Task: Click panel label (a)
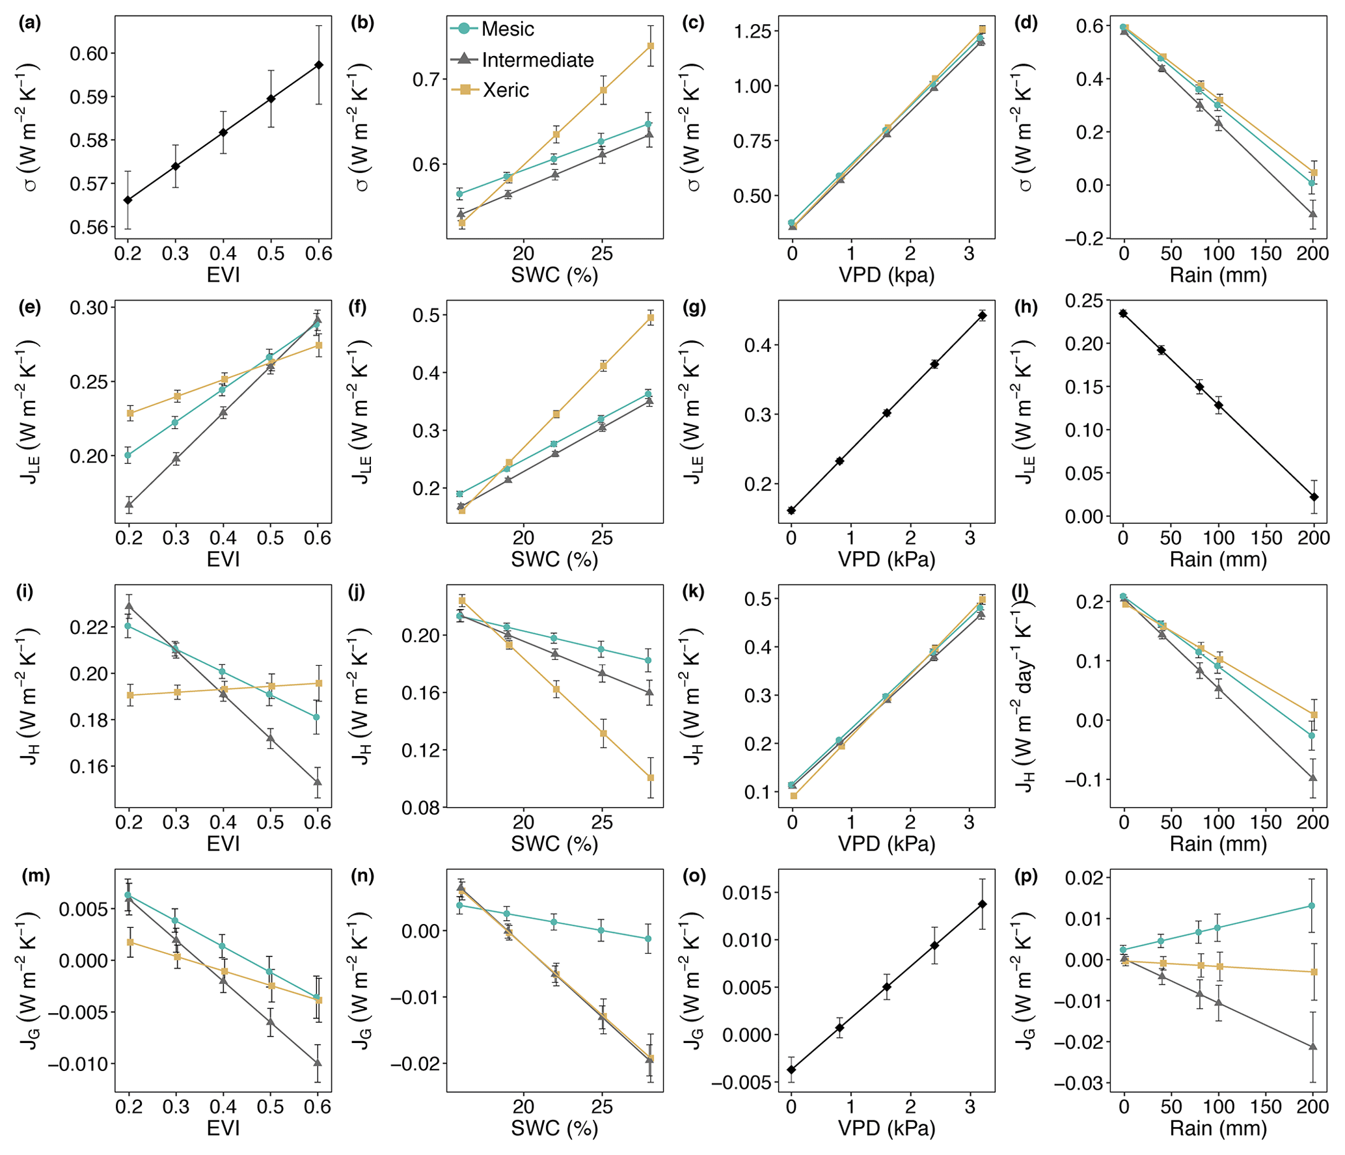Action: (30, 23)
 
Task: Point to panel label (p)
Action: (1026, 876)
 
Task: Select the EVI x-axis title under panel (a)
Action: (223, 275)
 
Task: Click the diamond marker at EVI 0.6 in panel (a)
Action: (319, 65)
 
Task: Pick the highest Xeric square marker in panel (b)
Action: (650, 46)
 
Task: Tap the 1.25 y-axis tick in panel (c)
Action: (752, 31)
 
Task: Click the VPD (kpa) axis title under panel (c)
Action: (886, 275)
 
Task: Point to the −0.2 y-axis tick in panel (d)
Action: (1083, 239)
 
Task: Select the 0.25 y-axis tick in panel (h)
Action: (1083, 301)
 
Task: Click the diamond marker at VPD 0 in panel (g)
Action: (791, 510)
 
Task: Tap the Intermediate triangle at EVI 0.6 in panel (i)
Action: (318, 781)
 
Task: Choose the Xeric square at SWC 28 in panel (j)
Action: (650, 778)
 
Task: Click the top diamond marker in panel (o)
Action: (982, 904)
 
